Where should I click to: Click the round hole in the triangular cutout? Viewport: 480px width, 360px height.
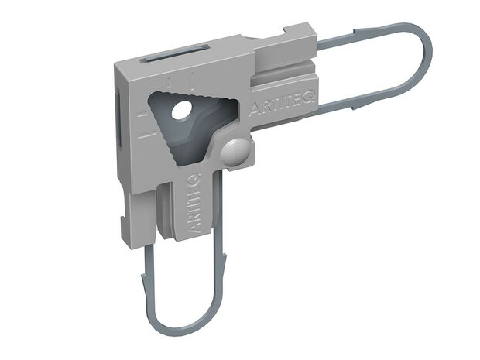click(180, 111)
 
